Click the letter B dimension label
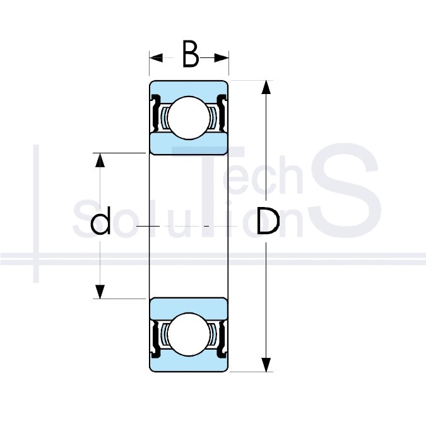click(x=191, y=54)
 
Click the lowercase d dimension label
click(x=100, y=221)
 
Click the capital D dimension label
click(x=268, y=221)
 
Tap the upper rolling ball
click(x=189, y=117)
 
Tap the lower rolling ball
click(x=189, y=334)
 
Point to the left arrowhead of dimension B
click(x=157, y=58)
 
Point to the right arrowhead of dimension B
click(x=222, y=58)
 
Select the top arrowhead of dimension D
click(x=266, y=87)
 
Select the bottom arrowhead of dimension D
click(x=266, y=365)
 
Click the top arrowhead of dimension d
click(x=100, y=160)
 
